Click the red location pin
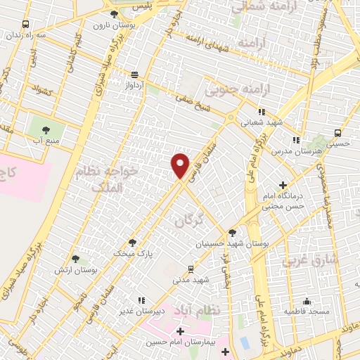(x=181, y=165)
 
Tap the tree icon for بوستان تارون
(x=115, y=13)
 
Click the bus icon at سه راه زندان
(x=26, y=23)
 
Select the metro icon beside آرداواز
(x=134, y=75)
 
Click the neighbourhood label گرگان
(x=188, y=221)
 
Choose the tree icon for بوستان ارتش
(x=75, y=259)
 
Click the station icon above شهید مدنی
(x=191, y=269)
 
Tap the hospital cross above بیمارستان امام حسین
(x=180, y=331)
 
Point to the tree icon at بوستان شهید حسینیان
(x=232, y=233)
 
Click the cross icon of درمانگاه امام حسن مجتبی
(x=283, y=185)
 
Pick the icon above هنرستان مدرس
(x=296, y=140)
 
